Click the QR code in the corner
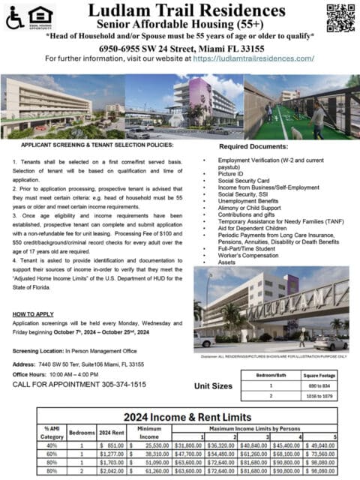click(339, 17)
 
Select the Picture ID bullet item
click(232, 174)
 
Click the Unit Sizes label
click(213, 387)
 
